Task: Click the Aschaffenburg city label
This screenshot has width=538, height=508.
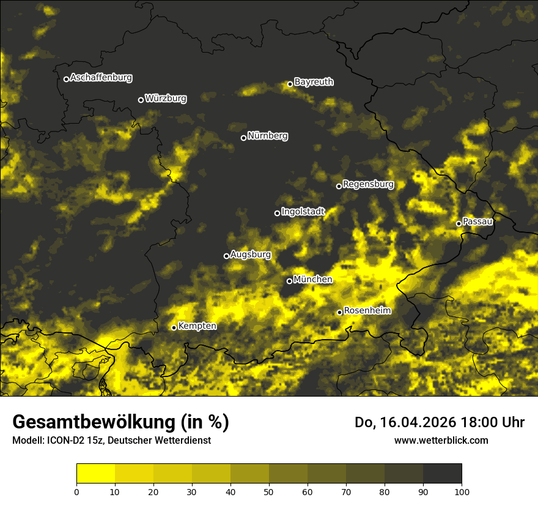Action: (x=101, y=78)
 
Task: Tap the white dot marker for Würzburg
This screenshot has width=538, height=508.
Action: (x=141, y=100)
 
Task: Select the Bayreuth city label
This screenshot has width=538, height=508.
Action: (x=314, y=82)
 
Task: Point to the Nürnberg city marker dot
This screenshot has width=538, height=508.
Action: (x=243, y=138)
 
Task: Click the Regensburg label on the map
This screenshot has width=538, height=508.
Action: (x=368, y=184)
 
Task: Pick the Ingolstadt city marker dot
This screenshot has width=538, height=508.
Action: (x=277, y=213)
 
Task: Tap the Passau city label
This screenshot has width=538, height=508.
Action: (x=477, y=222)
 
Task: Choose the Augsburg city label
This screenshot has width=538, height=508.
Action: (x=250, y=254)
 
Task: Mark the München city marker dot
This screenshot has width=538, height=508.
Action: (x=289, y=281)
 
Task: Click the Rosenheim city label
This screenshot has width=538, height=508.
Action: (x=367, y=311)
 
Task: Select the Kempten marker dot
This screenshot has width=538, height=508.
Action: (x=174, y=327)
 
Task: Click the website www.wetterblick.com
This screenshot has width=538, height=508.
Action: (x=441, y=440)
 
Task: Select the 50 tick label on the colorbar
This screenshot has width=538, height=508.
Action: (x=269, y=491)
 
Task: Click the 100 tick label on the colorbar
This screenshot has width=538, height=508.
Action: (x=462, y=491)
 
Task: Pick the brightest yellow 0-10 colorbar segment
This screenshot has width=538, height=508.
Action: (x=95, y=474)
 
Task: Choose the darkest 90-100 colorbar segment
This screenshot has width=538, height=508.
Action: (x=442, y=474)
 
